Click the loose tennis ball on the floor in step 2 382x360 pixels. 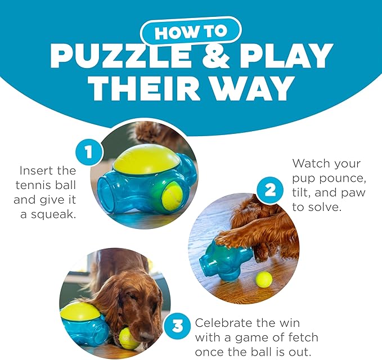(x=263, y=279)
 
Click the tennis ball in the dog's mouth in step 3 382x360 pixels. (x=129, y=339)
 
